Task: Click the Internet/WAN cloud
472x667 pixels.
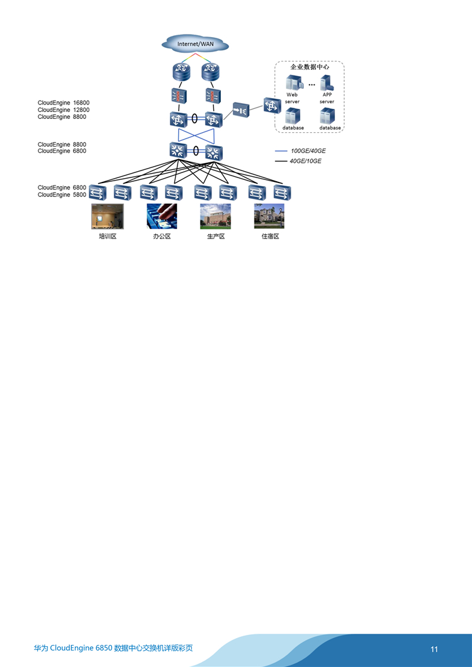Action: click(195, 44)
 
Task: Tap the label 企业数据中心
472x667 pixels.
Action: click(310, 65)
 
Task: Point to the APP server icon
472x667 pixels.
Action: click(327, 82)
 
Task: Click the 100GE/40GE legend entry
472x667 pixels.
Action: click(308, 151)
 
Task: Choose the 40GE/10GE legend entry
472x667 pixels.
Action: click(305, 162)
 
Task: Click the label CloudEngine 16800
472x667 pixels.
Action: click(64, 103)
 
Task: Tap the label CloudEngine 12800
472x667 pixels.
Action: click(64, 109)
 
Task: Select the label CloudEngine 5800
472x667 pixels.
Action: click(62, 195)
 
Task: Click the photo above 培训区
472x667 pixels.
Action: click(108, 216)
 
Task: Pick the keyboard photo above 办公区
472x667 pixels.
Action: click(162, 216)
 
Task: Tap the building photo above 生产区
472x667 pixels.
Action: click(215, 216)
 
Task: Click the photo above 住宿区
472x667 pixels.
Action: click(269, 216)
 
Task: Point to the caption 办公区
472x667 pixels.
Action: click(162, 237)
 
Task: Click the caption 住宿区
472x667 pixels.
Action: click(270, 237)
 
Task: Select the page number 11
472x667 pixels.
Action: click(434, 649)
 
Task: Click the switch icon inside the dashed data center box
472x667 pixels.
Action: click(271, 106)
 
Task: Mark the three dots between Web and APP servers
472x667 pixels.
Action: click(311, 84)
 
